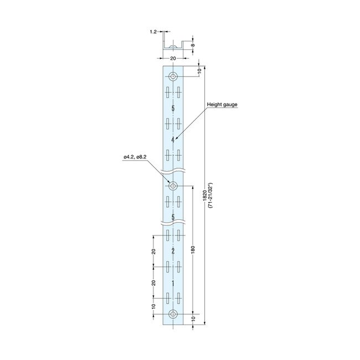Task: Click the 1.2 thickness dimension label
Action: [x=153, y=32]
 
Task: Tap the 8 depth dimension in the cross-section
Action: [x=193, y=45]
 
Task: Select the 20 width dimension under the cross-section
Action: [x=173, y=58]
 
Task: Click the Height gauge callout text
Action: [x=222, y=105]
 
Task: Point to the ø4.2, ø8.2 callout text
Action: [x=135, y=157]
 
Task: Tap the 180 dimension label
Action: [x=193, y=250]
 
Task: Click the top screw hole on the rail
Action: [x=173, y=76]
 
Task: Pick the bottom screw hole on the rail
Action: [x=173, y=314]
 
